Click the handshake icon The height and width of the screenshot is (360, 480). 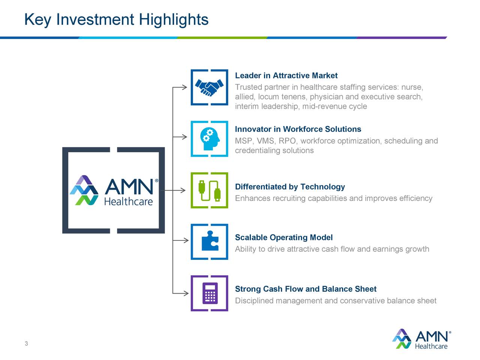209,87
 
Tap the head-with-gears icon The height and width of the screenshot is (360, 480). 209,139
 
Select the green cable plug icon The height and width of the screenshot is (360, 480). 209,190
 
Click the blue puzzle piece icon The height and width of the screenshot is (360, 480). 210,241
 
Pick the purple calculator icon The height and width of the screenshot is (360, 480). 210,293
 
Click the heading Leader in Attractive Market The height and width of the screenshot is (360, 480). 286,76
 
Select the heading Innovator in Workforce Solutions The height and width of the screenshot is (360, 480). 298,129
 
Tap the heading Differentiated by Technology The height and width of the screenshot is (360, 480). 289,187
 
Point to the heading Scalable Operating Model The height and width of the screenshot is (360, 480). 283,238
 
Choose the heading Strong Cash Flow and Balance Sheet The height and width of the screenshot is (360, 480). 305,289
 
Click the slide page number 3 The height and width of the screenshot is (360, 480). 26,344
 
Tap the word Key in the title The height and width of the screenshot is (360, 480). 37,19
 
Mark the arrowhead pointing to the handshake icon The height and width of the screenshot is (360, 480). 184,87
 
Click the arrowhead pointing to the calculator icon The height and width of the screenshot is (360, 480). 185,293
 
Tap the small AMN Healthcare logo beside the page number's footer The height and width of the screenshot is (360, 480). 422,339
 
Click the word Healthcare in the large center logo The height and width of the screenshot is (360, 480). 128,202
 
